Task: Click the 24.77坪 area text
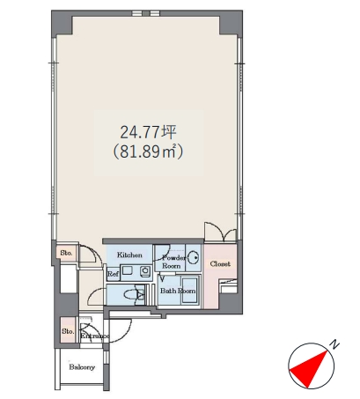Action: click(148, 132)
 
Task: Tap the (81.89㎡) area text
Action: click(148, 151)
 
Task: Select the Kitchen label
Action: click(129, 255)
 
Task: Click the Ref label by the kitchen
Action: click(113, 274)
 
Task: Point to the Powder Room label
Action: click(173, 262)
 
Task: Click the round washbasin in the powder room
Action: click(194, 258)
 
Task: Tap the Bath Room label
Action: click(178, 291)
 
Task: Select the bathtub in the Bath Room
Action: click(189, 291)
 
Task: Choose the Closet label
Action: click(220, 264)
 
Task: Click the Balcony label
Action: click(82, 367)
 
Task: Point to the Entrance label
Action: click(94, 336)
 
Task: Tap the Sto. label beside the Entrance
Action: click(68, 331)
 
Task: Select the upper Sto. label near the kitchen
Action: click(66, 253)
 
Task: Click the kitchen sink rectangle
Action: click(128, 270)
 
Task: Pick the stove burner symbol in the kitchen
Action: click(145, 271)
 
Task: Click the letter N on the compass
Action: click(334, 344)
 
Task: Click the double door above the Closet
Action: click(220, 232)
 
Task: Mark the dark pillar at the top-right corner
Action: click(231, 23)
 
